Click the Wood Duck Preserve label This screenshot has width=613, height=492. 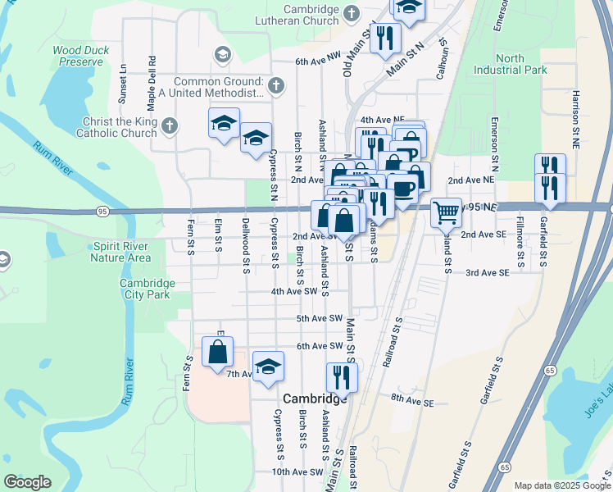79,56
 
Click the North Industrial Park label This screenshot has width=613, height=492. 521,64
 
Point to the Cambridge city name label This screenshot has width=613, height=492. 316,399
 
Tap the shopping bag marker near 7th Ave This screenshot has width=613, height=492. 218,353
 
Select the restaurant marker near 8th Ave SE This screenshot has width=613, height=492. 341,377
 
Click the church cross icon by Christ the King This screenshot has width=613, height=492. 169,126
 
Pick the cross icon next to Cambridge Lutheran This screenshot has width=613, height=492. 351,13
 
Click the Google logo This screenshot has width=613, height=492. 28,482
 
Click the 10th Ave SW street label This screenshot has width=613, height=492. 298,471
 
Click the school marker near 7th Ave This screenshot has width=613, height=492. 267,367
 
